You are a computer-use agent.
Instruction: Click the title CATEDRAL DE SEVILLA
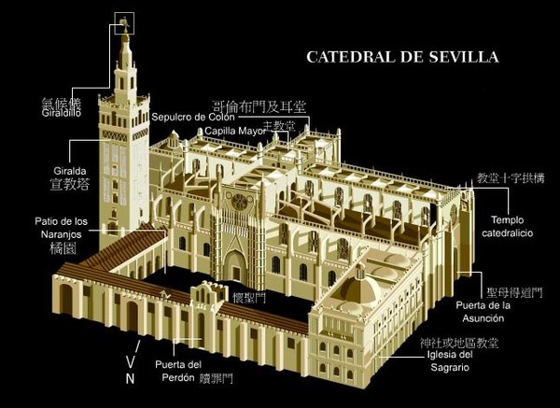pos(403,57)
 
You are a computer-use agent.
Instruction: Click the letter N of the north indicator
pos(130,378)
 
